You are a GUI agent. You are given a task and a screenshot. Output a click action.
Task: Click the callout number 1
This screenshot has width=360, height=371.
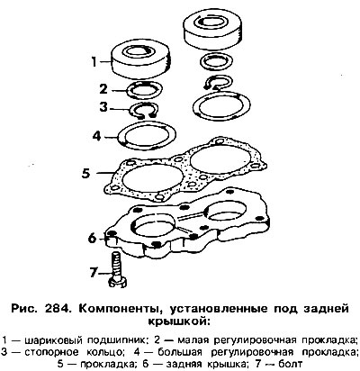[x=94, y=62]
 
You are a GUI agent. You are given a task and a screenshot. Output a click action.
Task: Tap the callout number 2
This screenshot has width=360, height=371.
[x=103, y=89]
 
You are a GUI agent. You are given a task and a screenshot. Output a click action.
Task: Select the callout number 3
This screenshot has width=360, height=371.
[x=103, y=106]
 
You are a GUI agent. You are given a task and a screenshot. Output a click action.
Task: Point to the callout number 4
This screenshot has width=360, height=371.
[x=96, y=136]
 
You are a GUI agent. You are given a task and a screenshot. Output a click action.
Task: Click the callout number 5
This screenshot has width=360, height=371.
[x=85, y=173]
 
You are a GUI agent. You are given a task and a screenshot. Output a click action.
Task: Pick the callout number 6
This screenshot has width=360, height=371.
[x=92, y=238]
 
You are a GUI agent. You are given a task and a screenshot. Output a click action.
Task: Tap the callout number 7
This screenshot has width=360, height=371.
[x=94, y=273]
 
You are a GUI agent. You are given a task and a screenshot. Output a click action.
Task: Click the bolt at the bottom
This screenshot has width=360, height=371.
[x=118, y=270]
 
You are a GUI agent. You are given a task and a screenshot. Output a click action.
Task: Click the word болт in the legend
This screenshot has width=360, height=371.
[x=291, y=364]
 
